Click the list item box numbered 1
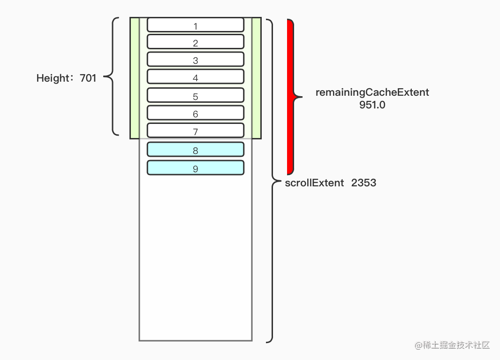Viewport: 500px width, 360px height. pos(196,24)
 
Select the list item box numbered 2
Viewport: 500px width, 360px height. pos(196,42)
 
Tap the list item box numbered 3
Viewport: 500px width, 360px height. pos(196,59)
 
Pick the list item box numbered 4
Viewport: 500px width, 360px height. pos(196,77)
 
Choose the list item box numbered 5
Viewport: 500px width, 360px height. pos(196,95)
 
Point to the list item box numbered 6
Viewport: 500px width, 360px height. pos(196,113)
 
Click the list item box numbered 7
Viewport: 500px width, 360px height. pos(196,130)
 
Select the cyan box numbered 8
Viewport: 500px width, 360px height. pos(196,149)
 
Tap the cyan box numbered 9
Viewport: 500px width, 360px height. pos(196,168)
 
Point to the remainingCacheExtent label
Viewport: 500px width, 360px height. pos(372,92)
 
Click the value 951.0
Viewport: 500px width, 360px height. pos(372,105)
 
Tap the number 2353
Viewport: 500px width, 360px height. pos(364,183)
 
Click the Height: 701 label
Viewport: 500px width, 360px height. pos(66,78)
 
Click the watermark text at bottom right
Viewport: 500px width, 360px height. pos(452,345)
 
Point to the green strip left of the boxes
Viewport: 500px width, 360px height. pos(135,78)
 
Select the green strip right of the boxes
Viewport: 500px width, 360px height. pos(256,78)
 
